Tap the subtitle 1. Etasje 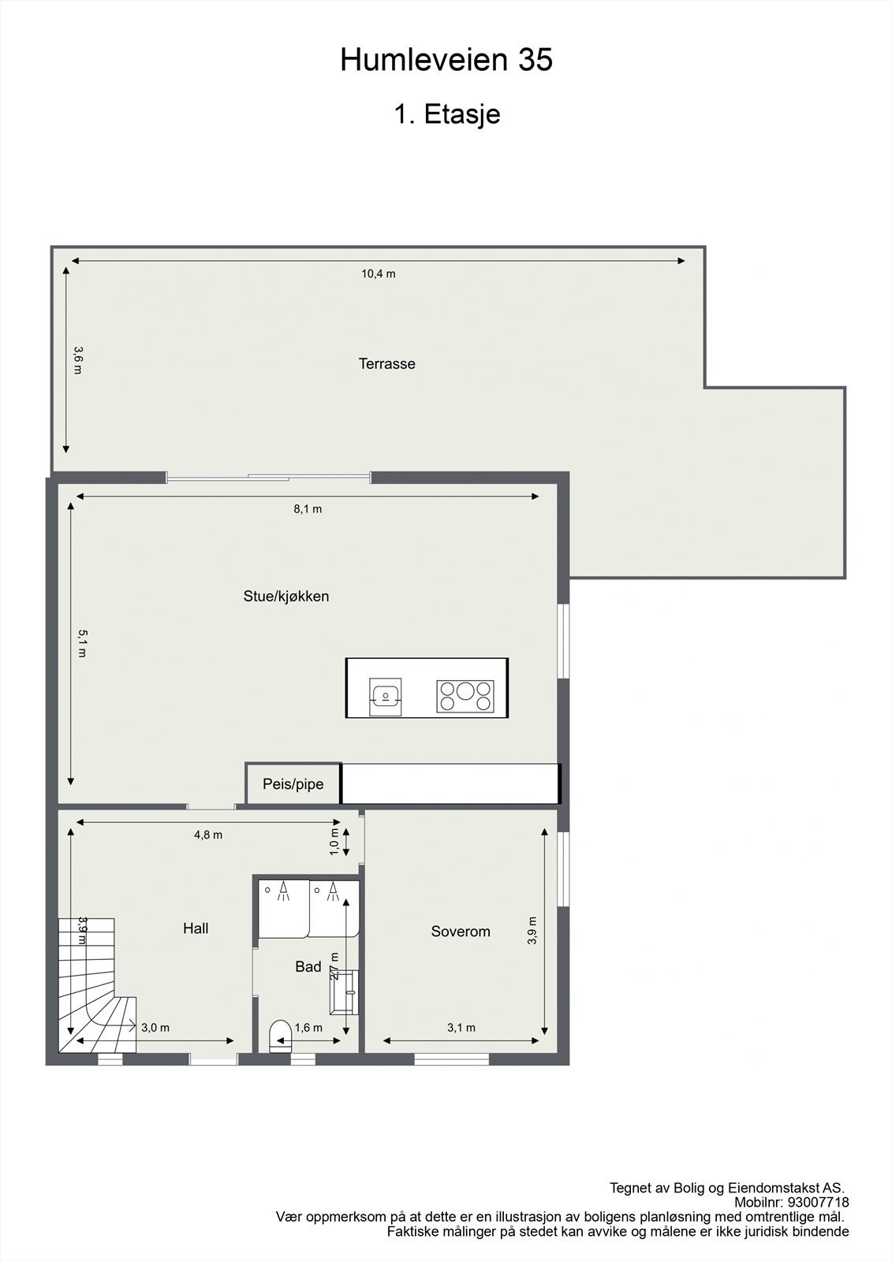pos(446,114)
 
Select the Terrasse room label pos(386,364)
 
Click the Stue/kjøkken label pos(286,597)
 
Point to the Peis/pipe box pos(293,784)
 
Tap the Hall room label pos(196,928)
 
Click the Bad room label pos(308,967)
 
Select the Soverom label pos(461,932)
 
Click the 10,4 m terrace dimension pos(379,274)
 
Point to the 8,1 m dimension pos(308,509)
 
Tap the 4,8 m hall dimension pos(208,835)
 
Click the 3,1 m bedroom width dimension pos(461,1028)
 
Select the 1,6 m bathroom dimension pos(308,1028)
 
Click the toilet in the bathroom pos(280,1036)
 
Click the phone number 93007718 pos(819,1203)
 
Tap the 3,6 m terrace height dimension pos(77,359)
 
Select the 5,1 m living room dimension pos(81,642)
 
